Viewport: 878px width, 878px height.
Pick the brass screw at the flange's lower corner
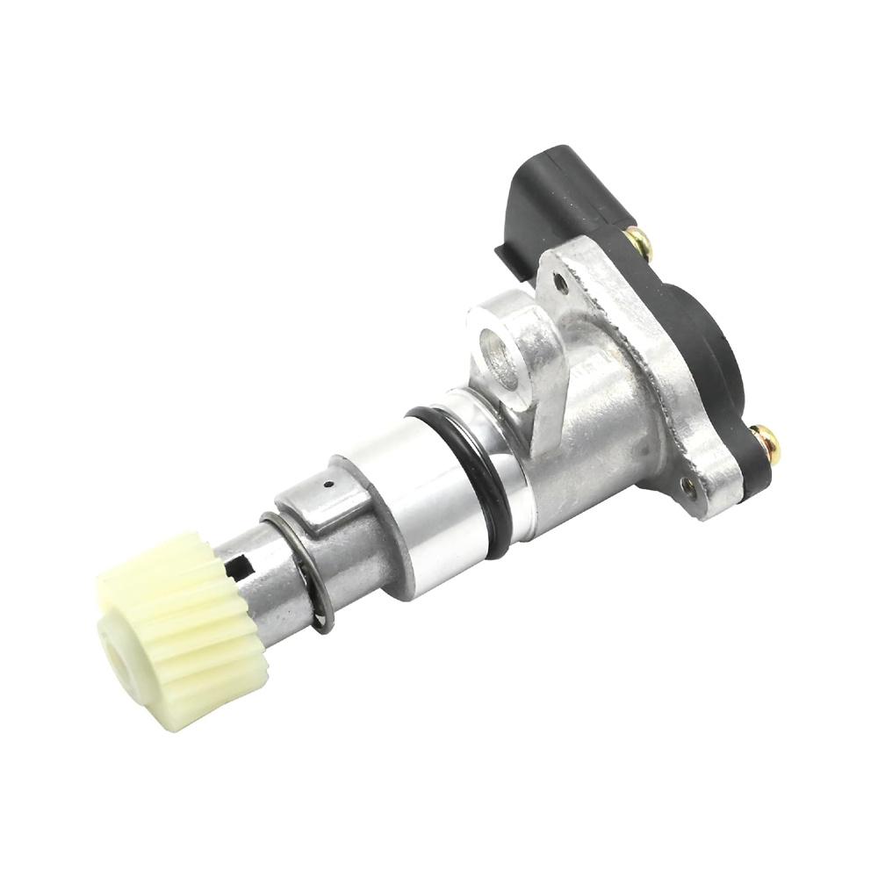pos(763,443)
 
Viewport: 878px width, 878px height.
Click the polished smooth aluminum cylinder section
pos(413,509)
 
